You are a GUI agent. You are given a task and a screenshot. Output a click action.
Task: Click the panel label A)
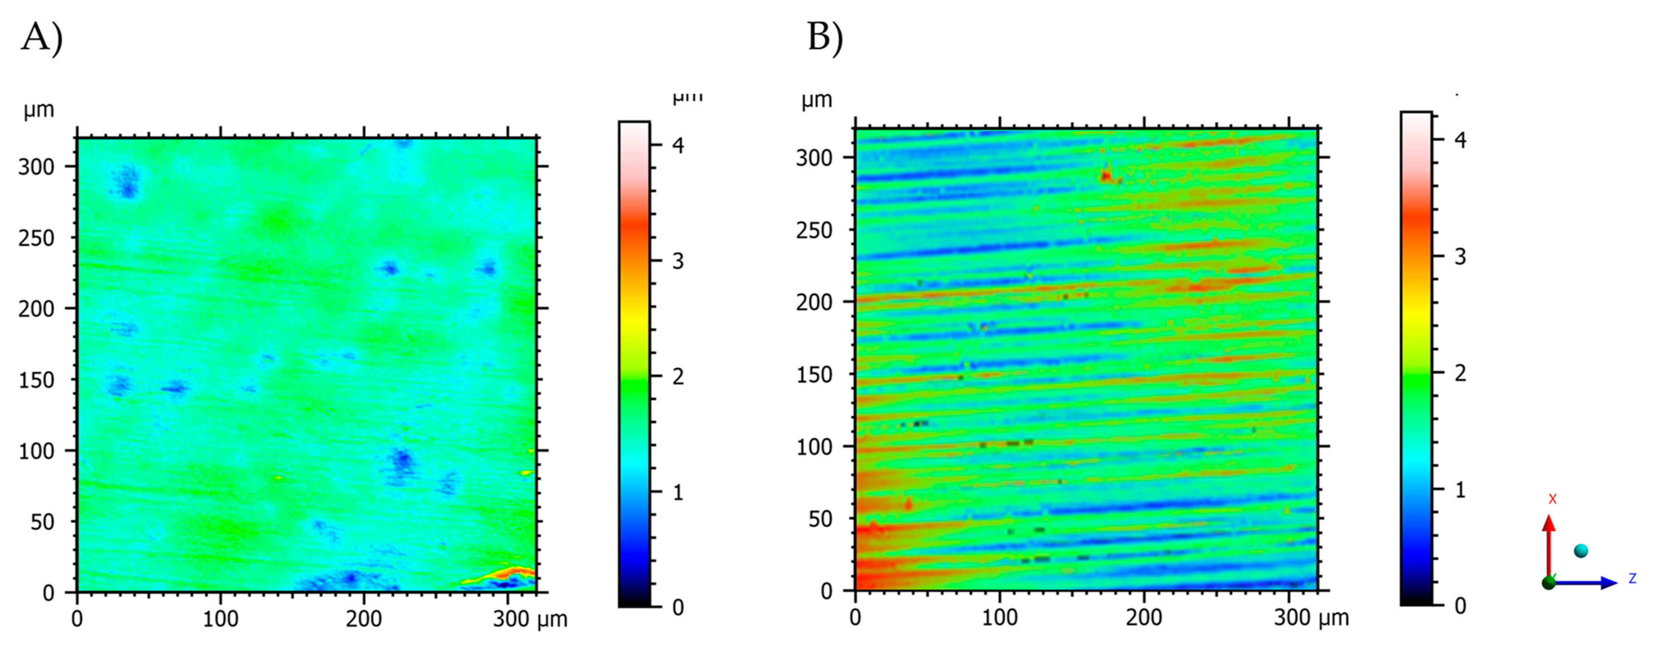(x=42, y=37)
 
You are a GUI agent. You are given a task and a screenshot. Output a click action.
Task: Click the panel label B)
(x=825, y=37)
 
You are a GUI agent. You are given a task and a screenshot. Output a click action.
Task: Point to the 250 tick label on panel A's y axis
(x=37, y=238)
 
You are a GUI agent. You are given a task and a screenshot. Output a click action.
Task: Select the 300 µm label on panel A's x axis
(x=530, y=619)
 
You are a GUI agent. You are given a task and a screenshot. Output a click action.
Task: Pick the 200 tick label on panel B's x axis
(x=1144, y=617)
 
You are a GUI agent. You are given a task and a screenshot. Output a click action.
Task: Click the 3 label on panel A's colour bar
(x=677, y=261)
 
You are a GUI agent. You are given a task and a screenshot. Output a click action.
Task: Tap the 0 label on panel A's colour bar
(x=677, y=607)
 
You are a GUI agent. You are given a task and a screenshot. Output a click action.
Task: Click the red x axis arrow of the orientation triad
(x=1549, y=546)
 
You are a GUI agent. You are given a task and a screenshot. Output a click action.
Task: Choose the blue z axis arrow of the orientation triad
(x=1586, y=583)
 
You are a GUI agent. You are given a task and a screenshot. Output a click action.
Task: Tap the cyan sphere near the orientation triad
(x=1581, y=550)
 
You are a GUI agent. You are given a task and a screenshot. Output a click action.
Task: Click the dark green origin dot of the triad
(x=1549, y=583)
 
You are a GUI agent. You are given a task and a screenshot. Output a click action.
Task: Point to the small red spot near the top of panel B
(x=1106, y=175)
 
